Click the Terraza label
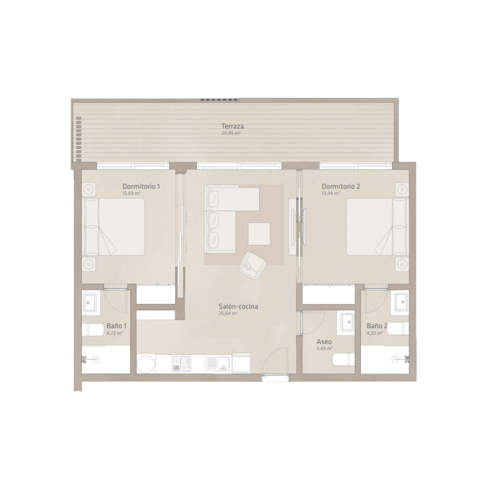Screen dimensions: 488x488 [x=232, y=126]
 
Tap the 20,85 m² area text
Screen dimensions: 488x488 [x=231, y=133]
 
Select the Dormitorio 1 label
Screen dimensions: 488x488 [x=141, y=186]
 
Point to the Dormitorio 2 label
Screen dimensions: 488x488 [x=341, y=186]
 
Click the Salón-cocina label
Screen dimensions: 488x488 [x=239, y=306]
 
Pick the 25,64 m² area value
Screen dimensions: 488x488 [x=228, y=313]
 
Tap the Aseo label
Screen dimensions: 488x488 [x=325, y=342]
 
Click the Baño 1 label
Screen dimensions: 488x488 [x=117, y=326]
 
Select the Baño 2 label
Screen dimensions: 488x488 [x=377, y=326]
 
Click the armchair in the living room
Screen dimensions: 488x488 [x=253, y=264]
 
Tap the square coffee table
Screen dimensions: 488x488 [x=259, y=234]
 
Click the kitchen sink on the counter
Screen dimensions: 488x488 [x=218, y=364]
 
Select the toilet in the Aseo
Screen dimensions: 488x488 [x=344, y=360]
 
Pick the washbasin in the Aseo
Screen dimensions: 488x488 [x=347, y=322]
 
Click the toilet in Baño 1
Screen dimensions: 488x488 [x=93, y=329]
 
